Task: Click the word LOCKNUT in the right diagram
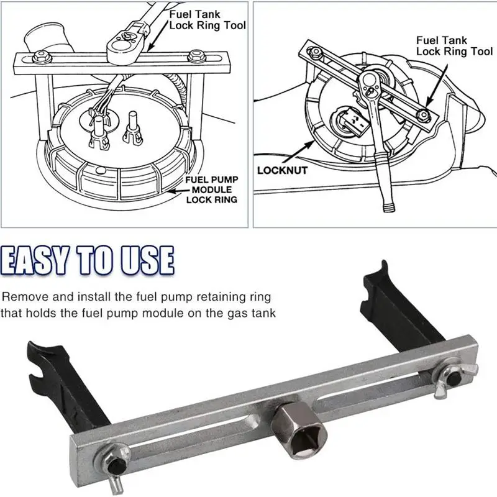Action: click(282, 170)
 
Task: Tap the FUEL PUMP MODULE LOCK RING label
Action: click(211, 189)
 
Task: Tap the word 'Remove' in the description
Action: click(24, 297)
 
